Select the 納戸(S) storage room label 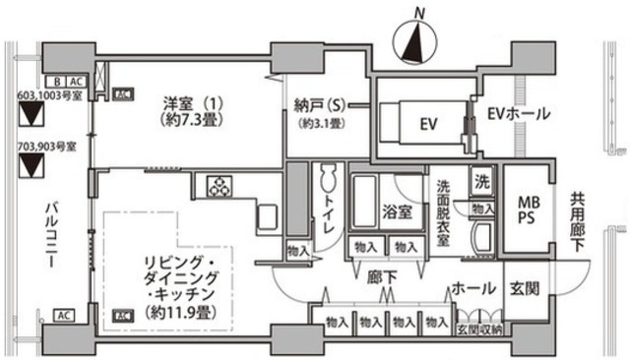[x=317, y=104]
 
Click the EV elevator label [x=426, y=124]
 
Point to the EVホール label [x=518, y=114]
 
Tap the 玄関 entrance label [x=523, y=290]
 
